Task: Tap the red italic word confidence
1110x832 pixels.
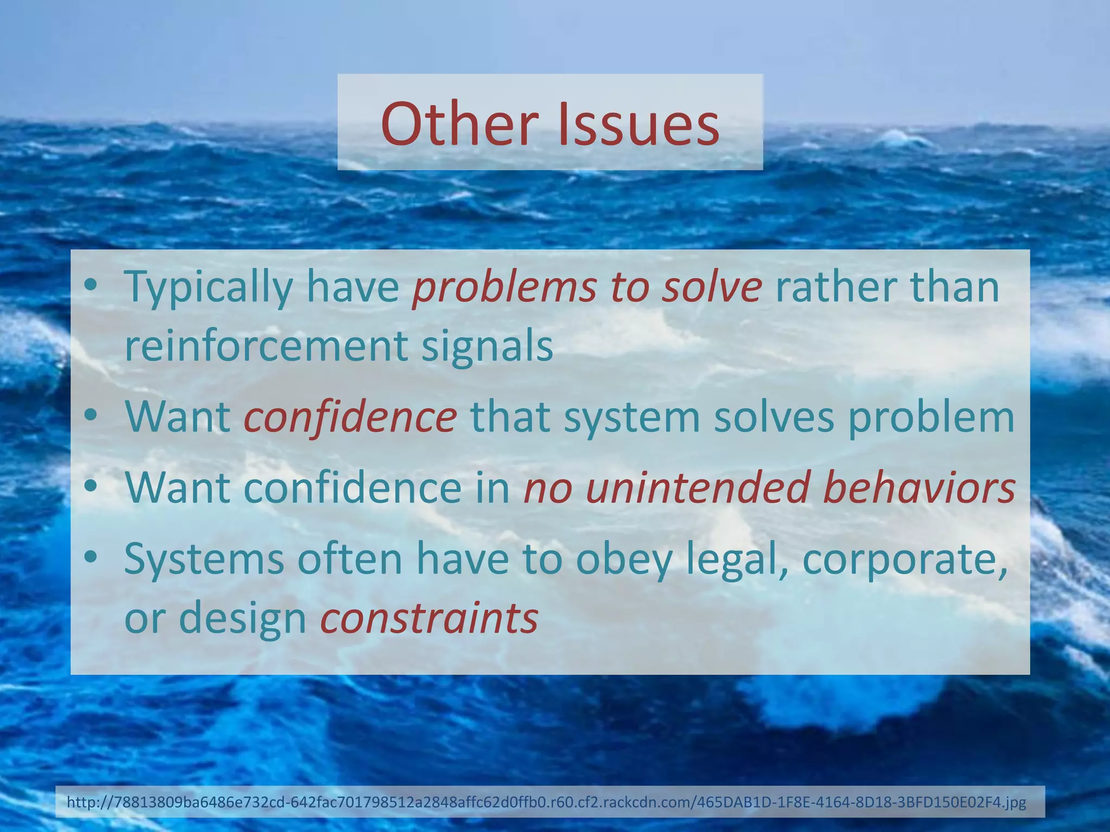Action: (x=350, y=417)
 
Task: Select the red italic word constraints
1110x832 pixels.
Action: (x=429, y=618)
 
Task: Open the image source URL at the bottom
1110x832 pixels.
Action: (x=546, y=802)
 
